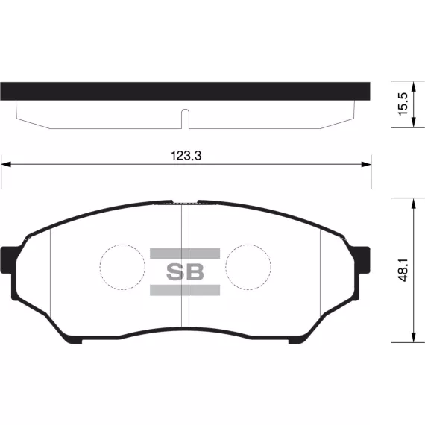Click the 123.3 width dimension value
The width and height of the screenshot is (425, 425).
(x=186, y=156)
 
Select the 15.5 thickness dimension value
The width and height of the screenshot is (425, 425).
(x=403, y=104)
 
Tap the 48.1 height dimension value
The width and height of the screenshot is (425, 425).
(x=403, y=270)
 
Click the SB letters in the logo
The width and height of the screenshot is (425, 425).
(x=185, y=271)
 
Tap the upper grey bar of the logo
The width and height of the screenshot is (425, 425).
(x=185, y=254)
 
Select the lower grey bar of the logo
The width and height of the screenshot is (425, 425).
(x=185, y=290)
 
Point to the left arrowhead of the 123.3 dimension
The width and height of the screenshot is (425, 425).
(x=6, y=164)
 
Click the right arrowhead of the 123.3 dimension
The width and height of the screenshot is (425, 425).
(x=366, y=164)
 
